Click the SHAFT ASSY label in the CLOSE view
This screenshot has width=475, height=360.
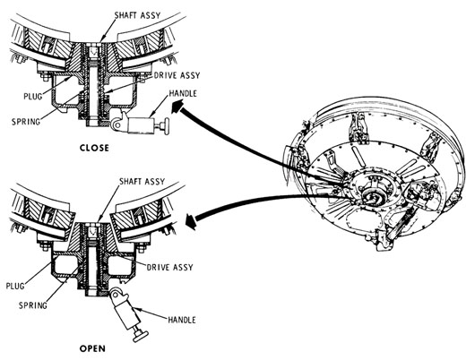(137, 15)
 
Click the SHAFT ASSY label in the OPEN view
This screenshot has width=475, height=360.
(142, 182)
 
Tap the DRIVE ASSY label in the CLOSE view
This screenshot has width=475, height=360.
(177, 75)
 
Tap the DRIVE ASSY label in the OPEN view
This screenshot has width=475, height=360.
(169, 267)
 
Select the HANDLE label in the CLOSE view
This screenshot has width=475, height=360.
(183, 93)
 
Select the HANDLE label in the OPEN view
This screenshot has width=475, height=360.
(182, 320)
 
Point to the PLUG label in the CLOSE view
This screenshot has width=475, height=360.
(33, 97)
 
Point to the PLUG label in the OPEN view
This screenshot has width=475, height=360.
(15, 286)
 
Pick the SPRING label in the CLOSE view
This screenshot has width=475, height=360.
(26, 122)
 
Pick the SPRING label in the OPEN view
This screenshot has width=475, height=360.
(33, 305)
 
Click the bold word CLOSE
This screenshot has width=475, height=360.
(94, 148)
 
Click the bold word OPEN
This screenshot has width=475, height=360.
(92, 348)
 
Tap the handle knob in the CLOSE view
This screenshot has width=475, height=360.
(166, 125)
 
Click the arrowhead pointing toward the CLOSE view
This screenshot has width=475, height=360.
(177, 107)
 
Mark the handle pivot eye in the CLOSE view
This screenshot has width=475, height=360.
(117, 124)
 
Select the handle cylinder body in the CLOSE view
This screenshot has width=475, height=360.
(140, 125)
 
